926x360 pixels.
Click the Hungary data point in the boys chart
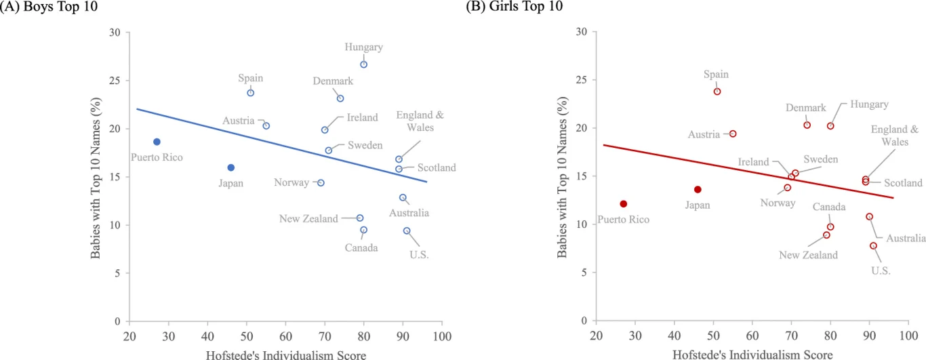[363, 64]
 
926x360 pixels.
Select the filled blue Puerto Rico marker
[157, 142]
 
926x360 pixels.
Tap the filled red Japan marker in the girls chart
[698, 189]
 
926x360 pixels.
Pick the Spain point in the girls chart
[717, 92]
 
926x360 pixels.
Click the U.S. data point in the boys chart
[407, 231]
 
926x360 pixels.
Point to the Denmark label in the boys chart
[333, 81]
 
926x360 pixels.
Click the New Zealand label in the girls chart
[808, 255]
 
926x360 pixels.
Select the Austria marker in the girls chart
[733, 134]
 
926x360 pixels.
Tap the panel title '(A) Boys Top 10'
[41, 6]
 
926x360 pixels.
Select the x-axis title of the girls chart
[752, 354]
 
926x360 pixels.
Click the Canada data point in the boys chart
[364, 230]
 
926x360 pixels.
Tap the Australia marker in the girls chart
[869, 217]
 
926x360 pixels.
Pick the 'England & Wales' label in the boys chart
[420, 121]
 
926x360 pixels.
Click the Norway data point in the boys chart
[321, 183]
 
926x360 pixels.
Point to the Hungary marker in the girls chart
[830, 125]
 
